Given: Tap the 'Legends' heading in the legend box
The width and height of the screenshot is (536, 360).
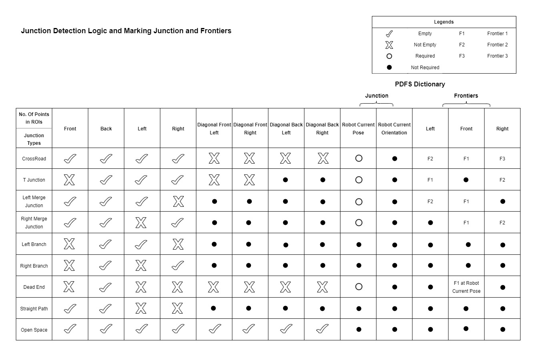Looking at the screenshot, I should point(444,22).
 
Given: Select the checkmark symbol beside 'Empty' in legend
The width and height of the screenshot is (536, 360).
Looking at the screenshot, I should point(389,34).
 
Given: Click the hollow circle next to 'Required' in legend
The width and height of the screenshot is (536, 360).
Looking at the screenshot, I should point(389,56).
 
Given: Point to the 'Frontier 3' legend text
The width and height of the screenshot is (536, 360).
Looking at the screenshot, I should point(497,56).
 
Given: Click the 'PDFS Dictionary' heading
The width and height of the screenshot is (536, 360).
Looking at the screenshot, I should point(420,84).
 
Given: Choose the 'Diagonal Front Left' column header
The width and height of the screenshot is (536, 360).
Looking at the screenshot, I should point(214,128).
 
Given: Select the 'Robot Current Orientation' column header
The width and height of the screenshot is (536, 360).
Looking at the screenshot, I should point(394,128).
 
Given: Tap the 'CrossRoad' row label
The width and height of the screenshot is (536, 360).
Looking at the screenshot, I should point(34,159).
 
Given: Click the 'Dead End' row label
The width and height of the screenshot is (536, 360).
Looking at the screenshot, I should point(34,287).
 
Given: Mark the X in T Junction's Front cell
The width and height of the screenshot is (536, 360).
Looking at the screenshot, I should point(69,180).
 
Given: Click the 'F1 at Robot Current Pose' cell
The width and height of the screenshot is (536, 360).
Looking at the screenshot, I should point(466,287).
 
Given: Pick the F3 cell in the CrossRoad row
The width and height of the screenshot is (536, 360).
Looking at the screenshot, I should point(502,159).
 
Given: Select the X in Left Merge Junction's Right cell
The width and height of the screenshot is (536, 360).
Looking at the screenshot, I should point(178,202).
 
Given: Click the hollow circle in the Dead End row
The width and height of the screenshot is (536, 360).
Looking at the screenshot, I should point(359,287).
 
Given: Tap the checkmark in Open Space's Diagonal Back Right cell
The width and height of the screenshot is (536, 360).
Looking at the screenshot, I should point(322,329).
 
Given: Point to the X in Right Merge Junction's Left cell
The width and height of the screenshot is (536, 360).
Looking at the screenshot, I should point(141,223).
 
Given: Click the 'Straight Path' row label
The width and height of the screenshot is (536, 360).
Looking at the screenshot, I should point(34,309).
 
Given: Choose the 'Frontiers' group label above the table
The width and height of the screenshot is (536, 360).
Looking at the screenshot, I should point(466,96).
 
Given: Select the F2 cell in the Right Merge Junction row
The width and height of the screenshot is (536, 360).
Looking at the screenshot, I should point(502,223).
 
